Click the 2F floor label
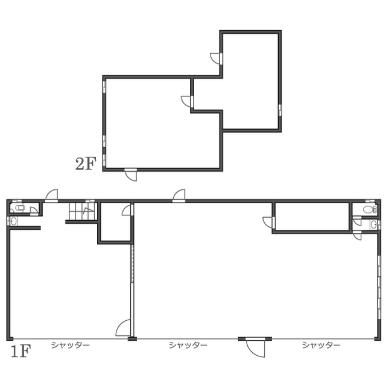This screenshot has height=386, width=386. click(x=86, y=163)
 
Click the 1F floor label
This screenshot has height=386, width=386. click(x=21, y=351)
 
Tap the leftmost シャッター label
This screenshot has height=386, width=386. click(x=70, y=345)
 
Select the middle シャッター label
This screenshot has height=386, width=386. click(x=188, y=345)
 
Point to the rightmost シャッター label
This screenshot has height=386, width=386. click(x=321, y=345)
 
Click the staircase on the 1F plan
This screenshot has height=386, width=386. click(x=82, y=211)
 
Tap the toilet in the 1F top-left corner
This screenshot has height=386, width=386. click(x=19, y=207)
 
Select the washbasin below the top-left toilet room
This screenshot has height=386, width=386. click(x=13, y=221)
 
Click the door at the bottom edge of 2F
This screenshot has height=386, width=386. click(x=131, y=175)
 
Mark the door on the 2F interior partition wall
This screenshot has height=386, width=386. click(x=187, y=101)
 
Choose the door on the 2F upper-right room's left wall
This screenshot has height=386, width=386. click(x=216, y=59)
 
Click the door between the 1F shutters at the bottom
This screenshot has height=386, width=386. click(x=256, y=347)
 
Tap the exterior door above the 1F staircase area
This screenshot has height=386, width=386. click(x=52, y=195)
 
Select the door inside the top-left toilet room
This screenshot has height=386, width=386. click(x=34, y=211)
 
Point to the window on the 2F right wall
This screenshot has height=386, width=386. click(x=280, y=110)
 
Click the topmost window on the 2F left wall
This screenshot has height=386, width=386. click(x=104, y=84)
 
